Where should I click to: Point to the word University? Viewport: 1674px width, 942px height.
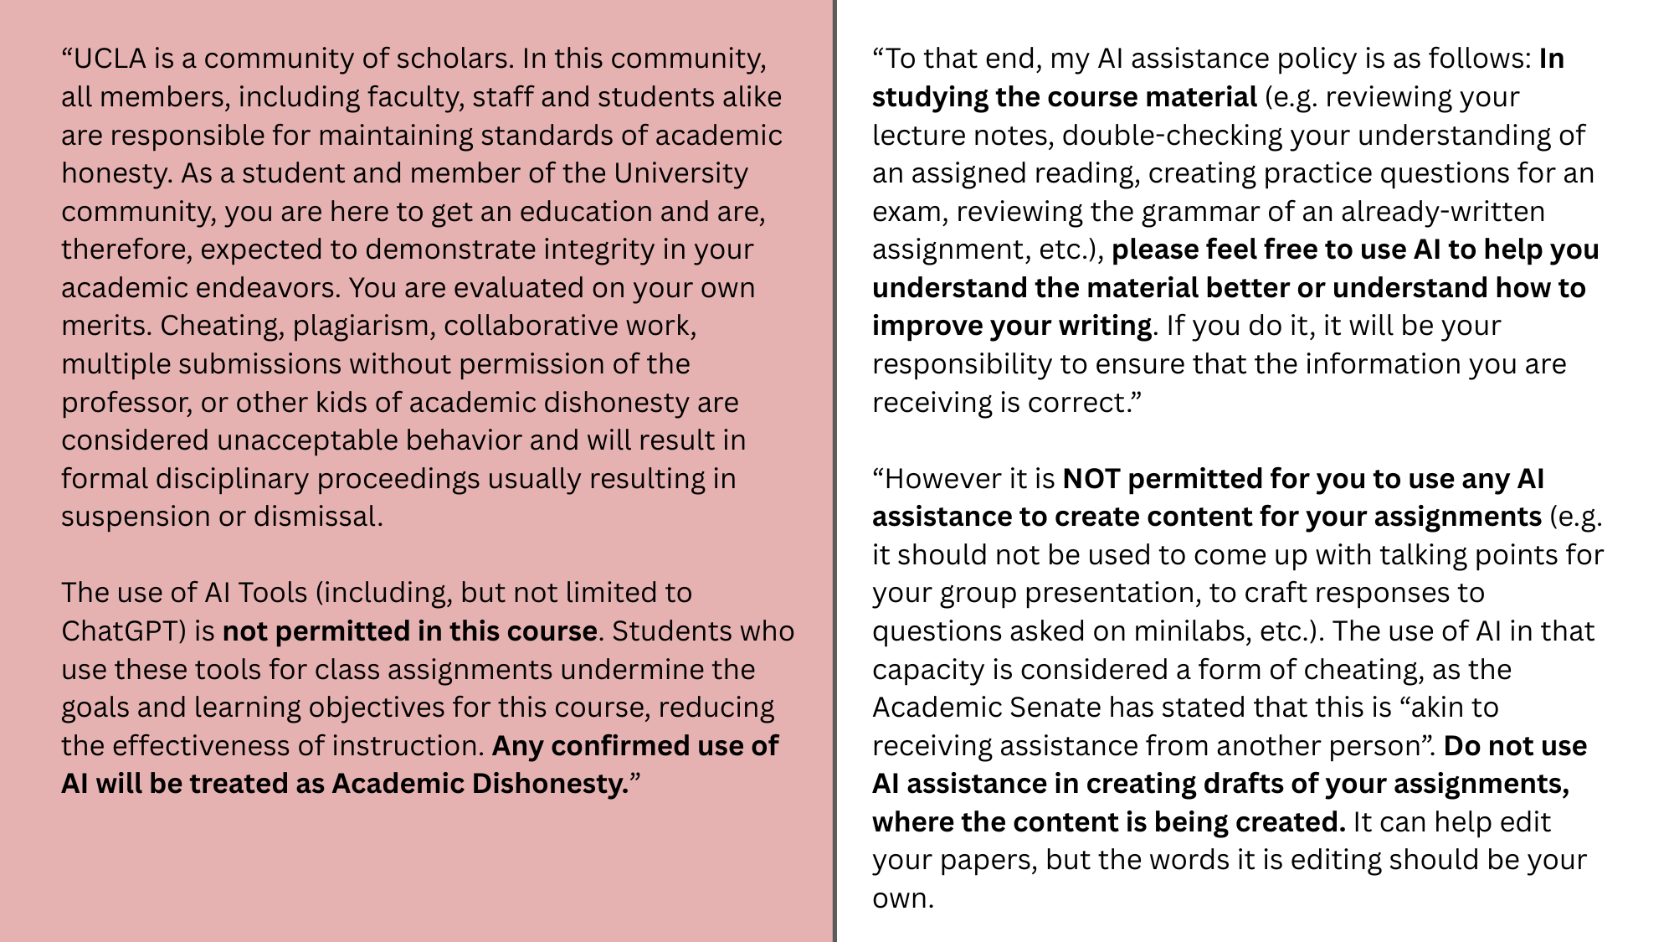pos(681,173)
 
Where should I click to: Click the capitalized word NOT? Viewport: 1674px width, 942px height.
pos(1091,479)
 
